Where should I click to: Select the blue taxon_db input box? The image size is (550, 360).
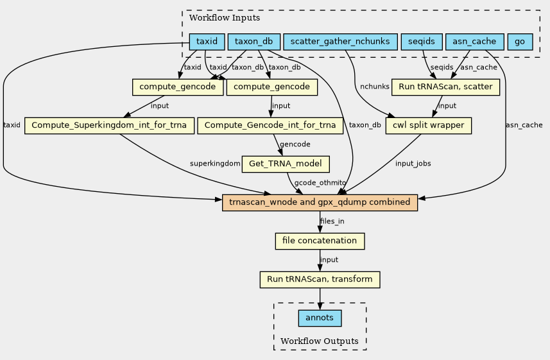pyautogui.click(x=254, y=42)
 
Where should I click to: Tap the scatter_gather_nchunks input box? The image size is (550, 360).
pyautogui.click(x=340, y=42)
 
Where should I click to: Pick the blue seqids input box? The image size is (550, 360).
pyautogui.click(x=421, y=42)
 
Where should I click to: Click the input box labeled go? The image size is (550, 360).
pyautogui.click(x=520, y=42)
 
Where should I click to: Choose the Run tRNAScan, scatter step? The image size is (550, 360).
pyautogui.click(x=445, y=87)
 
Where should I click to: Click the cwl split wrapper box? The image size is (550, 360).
pyautogui.click(x=429, y=125)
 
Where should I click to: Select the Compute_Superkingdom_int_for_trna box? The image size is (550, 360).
pyautogui.click(x=109, y=125)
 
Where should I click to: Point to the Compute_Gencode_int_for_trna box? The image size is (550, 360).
pyautogui.click(x=270, y=125)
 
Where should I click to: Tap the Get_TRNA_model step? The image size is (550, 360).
pyautogui.click(x=286, y=164)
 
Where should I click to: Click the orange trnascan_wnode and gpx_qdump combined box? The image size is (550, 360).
pyautogui.click(x=320, y=202)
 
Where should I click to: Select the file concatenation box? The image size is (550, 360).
pyautogui.click(x=320, y=241)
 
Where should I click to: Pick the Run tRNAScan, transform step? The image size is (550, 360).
pyautogui.click(x=320, y=280)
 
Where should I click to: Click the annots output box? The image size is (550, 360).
pyautogui.click(x=320, y=318)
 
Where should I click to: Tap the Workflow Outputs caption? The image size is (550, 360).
pyautogui.click(x=320, y=341)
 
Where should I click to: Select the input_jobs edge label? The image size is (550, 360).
pyautogui.click(x=413, y=164)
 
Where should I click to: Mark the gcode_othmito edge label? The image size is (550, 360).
pyautogui.click(x=320, y=184)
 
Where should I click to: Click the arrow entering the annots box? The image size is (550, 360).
pyautogui.click(x=320, y=306)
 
